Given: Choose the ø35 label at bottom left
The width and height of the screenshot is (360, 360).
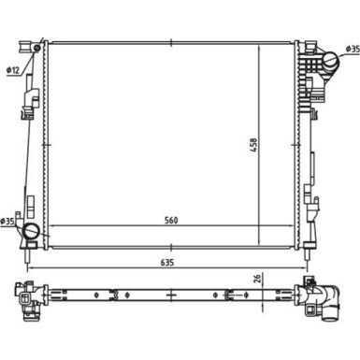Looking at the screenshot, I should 7,221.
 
